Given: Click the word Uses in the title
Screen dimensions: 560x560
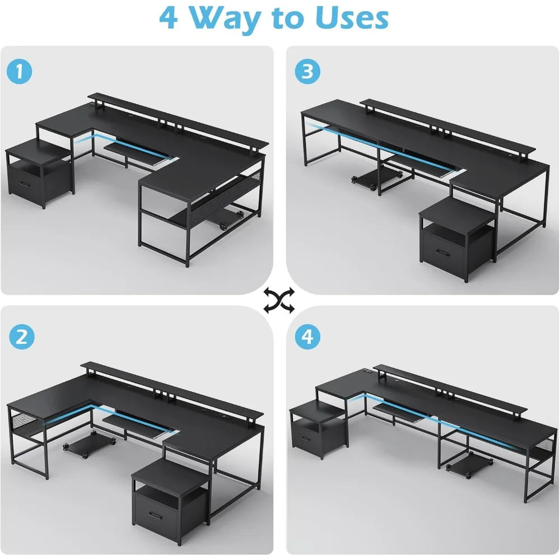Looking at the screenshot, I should point(352,18).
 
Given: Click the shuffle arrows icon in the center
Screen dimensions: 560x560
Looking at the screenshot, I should point(279,301).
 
